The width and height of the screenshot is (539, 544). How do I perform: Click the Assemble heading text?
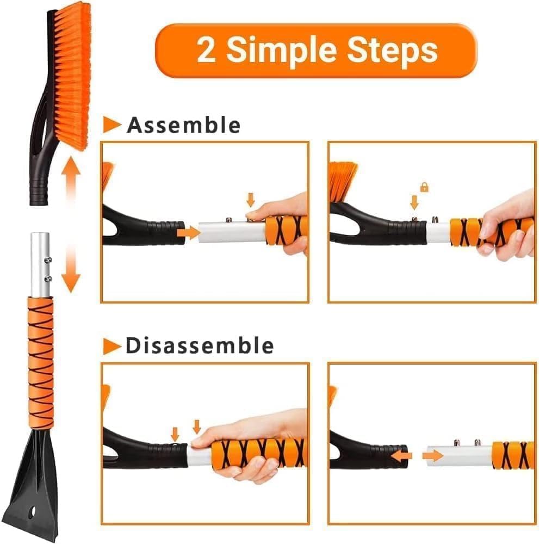click(183, 125)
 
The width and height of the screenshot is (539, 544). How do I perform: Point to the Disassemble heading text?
click(199, 346)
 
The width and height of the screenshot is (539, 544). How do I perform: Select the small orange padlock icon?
click(424, 187)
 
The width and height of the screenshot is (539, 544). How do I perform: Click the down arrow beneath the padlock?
click(414, 203)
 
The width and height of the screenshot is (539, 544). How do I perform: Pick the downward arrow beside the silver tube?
click(71, 275)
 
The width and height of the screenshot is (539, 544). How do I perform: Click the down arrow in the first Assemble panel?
click(250, 199)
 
